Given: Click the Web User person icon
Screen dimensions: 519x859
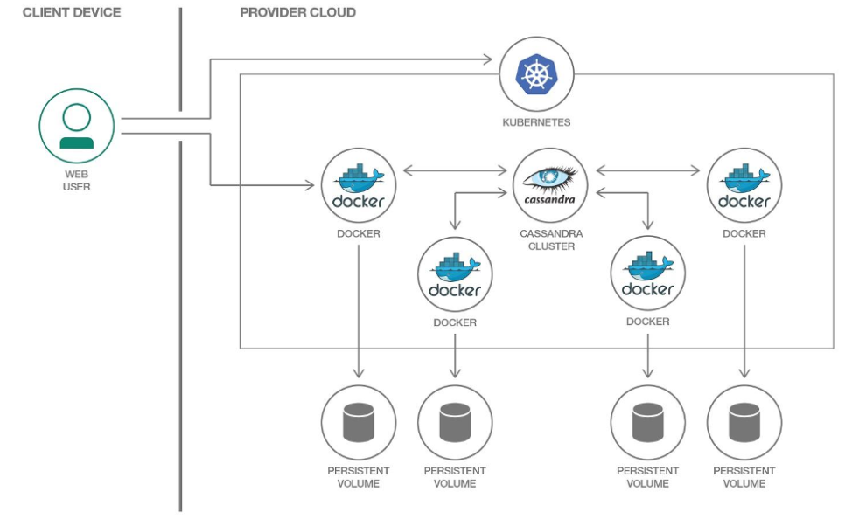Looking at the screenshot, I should click(77, 126).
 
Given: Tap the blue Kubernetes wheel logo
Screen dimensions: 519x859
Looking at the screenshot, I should click(536, 74).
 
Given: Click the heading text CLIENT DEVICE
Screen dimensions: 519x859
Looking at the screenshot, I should click(72, 13).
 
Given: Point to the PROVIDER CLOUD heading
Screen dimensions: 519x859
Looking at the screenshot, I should click(297, 13).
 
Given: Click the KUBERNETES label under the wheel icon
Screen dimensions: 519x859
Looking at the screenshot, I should click(536, 122).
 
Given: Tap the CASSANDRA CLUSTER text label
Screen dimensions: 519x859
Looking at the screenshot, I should click(550, 240).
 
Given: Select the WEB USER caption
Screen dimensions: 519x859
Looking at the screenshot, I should click(77, 181).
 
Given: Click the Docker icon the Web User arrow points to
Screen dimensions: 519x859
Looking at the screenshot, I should click(359, 184).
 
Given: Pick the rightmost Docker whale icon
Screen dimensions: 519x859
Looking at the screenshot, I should click(744, 184).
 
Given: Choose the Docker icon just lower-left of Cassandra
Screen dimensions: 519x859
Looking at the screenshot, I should click(455, 273).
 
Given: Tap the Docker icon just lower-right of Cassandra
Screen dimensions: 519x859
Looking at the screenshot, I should click(647, 273).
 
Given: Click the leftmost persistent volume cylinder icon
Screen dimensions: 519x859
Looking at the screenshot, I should click(359, 422).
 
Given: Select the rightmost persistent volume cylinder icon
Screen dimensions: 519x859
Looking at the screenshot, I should click(744, 422).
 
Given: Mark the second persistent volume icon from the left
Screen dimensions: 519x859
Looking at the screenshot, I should click(455, 422).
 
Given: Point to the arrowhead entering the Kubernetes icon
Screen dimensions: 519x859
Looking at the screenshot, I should click(490, 59).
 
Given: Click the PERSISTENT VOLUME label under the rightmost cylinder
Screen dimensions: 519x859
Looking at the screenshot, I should click(744, 477).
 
